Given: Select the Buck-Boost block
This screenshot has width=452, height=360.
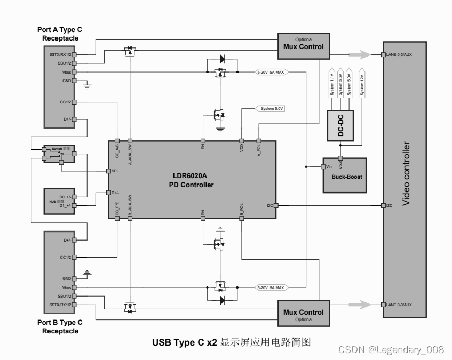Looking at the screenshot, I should click(x=345, y=175).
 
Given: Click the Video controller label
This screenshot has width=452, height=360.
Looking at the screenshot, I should click(x=406, y=174).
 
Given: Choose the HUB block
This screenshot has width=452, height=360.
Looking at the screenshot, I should click(x=59, y=201).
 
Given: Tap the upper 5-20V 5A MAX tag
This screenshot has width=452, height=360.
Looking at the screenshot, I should click(x=271, y=72).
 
